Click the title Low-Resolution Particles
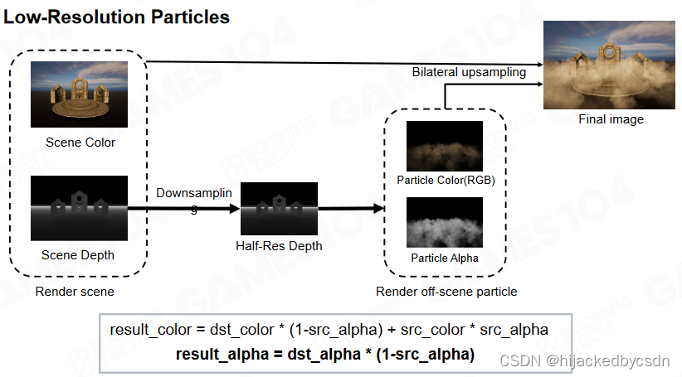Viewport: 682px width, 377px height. tap(117, 17)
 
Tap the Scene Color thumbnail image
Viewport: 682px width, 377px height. tap(80, 94)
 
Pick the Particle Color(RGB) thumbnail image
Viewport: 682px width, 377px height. tap(444, 146)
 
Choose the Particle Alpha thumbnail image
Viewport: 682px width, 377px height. tap(444, 223)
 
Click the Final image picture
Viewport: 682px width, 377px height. tap(610, 65)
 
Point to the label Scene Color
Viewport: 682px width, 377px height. tap(80, 143)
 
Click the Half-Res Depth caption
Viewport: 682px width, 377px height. tap(278, 247)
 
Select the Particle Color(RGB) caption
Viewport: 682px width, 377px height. tap(445, 180)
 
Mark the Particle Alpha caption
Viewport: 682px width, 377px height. tap(445, 258)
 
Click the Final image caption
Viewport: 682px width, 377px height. tap(611, 120)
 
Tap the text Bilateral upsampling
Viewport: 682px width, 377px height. tap(469, 73)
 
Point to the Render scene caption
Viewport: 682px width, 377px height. tap(75, 292)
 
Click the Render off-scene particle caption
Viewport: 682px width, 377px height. tap(446, 292)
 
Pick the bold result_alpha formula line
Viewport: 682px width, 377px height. tap(324, 355)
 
